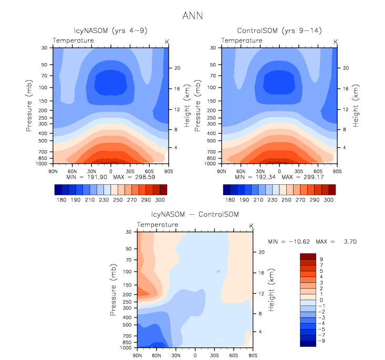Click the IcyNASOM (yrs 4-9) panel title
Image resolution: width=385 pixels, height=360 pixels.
coord(110,31)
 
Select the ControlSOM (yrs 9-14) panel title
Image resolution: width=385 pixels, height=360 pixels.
coord(278,31)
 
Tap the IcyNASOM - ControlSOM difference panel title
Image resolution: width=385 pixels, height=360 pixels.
coord(195,215)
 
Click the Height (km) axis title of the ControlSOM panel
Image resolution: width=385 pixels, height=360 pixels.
coord(356,105)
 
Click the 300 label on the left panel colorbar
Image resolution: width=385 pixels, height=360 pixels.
coord(160,200)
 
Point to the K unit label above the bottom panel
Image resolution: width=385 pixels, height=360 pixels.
coord(251,226)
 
